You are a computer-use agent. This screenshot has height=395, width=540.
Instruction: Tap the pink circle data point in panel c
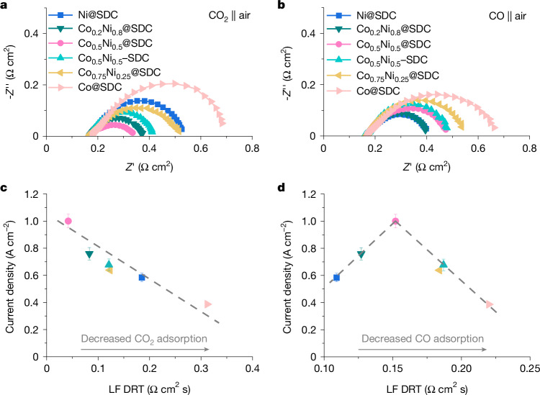[x=68, y=221]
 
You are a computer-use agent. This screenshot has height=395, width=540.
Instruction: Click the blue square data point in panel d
[x=336, y=277]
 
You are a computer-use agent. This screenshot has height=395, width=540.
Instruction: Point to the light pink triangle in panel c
[x=208, y=304]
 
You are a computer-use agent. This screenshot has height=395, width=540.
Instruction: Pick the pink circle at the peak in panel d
[x=396, y=221]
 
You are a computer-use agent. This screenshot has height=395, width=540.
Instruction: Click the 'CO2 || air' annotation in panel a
[x=230, y=16]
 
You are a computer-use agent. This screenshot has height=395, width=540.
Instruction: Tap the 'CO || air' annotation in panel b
[x=508, y=16]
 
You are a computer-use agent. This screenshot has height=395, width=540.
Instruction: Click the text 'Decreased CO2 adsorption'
[x=144, y=340]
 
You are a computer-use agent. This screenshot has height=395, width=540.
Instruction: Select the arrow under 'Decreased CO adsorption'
[x=422, y=350]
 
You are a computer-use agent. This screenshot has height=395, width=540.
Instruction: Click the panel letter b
[x=282, y=5]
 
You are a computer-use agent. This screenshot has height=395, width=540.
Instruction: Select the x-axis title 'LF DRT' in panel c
[x=127, y=389]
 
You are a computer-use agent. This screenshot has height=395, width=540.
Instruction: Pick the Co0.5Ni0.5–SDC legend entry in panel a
[x=114, y=58]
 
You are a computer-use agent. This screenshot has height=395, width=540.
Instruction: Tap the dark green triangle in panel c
[x=89, y=255]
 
